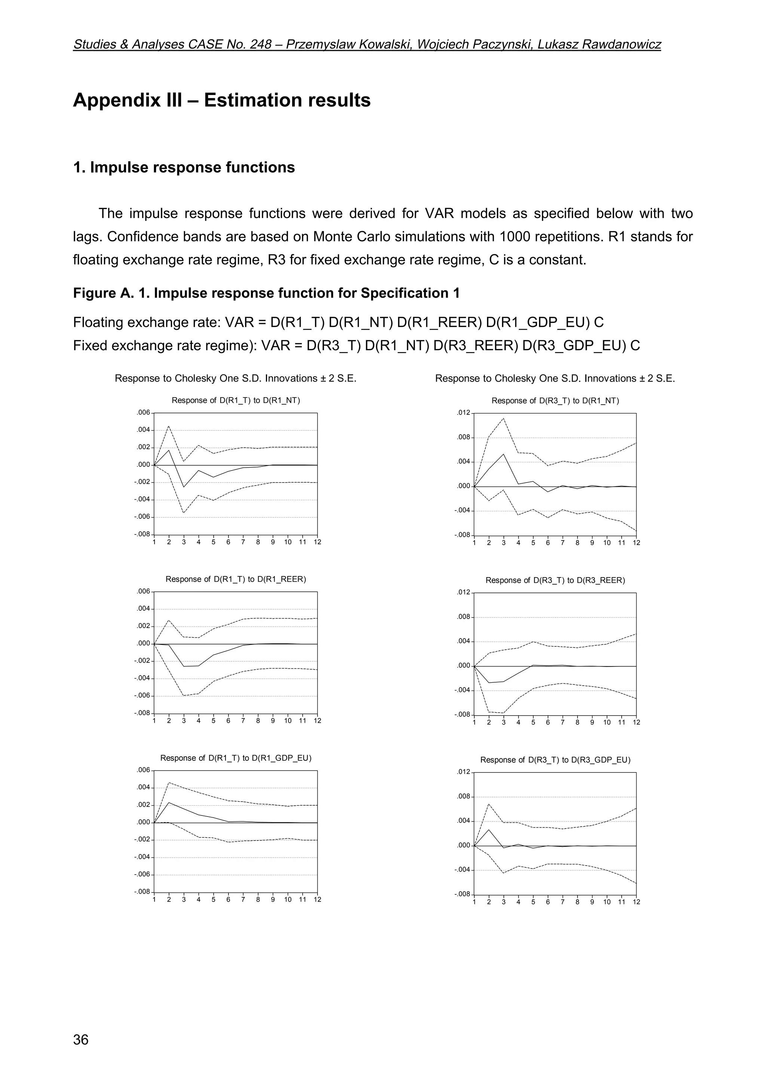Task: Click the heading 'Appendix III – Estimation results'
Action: coord(222,100)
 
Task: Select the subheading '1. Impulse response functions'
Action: coord(184,168)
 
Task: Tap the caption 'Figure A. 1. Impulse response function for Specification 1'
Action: coord(266,293)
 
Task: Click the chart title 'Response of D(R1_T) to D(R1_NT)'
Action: coord(236,400)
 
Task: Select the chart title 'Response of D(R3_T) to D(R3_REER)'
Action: coord(555,580)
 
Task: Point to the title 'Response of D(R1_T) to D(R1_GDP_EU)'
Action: coord(236,758)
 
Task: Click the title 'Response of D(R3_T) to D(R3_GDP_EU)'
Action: coord(555,760)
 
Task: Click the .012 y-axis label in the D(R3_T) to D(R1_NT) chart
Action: coord(463,413)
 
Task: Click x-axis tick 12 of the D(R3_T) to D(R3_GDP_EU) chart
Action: coord(636,902)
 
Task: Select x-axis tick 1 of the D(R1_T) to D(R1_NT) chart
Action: coord(154,542)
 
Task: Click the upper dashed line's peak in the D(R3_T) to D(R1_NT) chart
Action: coord(503,418)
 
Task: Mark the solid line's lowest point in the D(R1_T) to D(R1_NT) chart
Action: coord(184,487)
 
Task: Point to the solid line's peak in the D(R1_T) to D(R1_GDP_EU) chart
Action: coord(169,803)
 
